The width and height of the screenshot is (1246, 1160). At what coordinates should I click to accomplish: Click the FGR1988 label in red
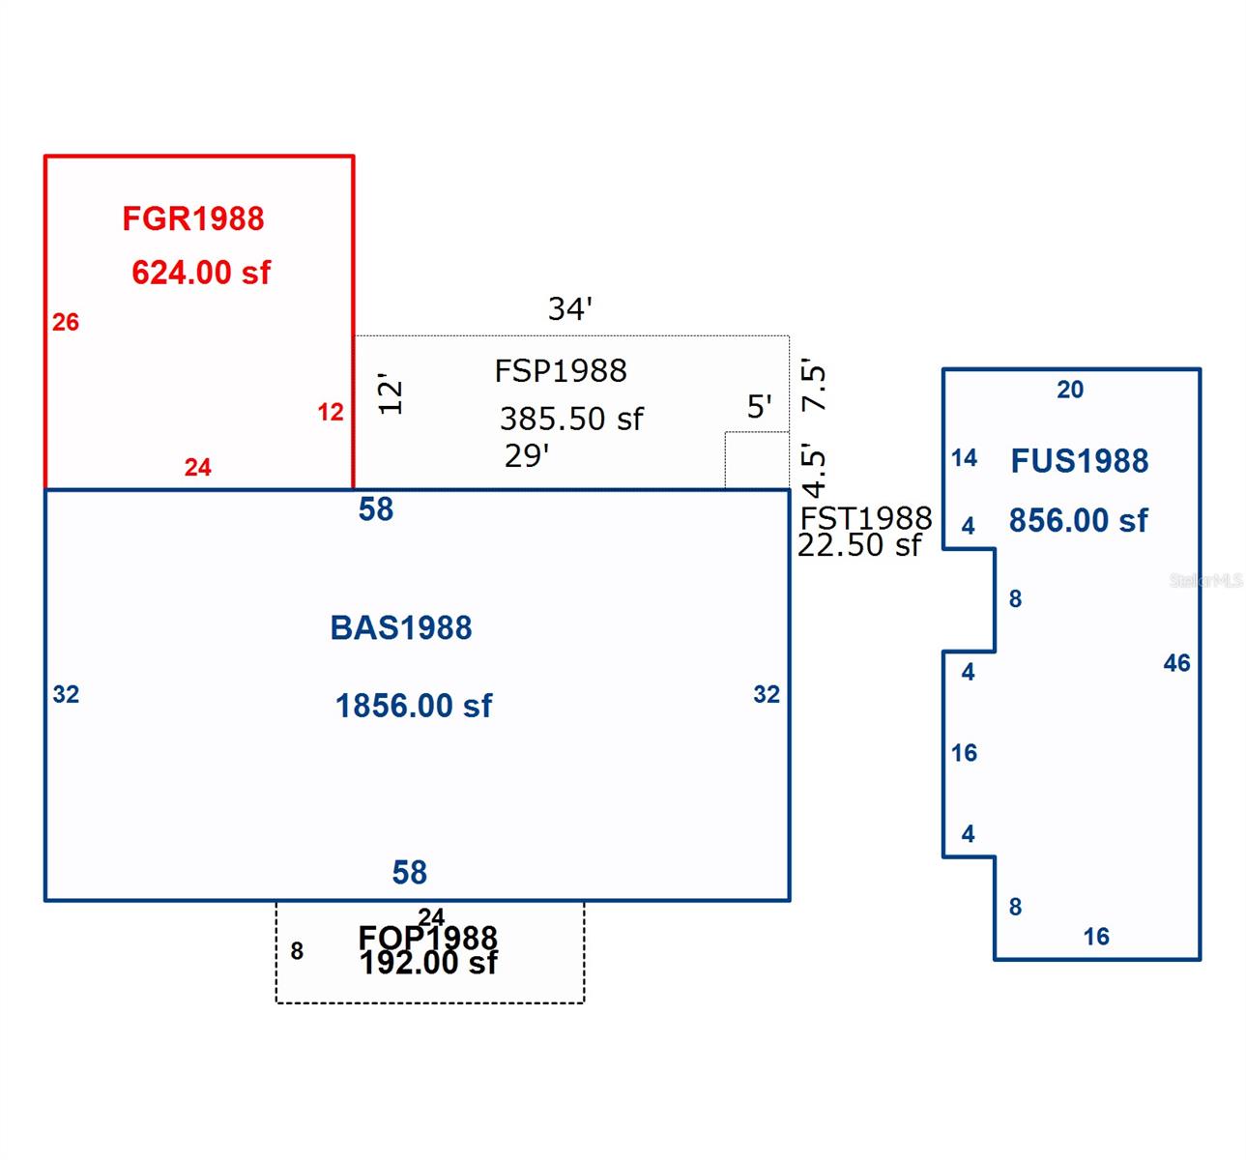coord(193,218)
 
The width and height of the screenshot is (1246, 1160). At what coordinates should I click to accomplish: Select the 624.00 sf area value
coord(201,273)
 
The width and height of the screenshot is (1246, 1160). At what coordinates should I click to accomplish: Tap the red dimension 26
coord(66,322)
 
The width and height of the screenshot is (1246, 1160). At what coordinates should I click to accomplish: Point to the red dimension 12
coord(331,412)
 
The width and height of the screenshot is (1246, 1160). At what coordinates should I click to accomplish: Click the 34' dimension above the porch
coord(569,308)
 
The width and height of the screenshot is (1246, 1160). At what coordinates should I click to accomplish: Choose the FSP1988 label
coord(561,370)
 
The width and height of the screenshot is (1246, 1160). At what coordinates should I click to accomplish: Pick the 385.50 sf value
coord(571,419)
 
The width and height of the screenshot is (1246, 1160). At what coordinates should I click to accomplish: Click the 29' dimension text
coord(527,455)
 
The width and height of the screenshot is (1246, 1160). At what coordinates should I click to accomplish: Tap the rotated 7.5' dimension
coord(816,387)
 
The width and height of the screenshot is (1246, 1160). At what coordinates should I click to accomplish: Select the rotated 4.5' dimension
coord(816,471)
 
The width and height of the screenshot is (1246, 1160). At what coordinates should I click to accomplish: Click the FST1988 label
coord(866,518)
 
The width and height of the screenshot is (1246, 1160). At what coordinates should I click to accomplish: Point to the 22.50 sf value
coord(859,545)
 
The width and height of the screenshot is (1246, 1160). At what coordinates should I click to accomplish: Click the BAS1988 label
coord(401,628)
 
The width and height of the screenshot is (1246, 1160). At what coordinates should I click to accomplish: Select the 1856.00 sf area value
coord(414,706)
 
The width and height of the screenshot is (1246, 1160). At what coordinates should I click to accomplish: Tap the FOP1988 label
coord(428,937)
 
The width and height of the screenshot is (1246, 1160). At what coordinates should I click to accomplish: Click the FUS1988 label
coord(1080,461)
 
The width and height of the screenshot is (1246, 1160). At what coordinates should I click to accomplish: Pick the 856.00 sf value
coord(1079,521)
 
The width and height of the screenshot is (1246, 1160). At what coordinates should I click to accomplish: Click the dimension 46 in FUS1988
coord(1176,663)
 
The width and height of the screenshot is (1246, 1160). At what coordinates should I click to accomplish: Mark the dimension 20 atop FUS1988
coord(1070,390)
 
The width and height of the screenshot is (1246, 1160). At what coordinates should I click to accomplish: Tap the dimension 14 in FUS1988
coord(964,458)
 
